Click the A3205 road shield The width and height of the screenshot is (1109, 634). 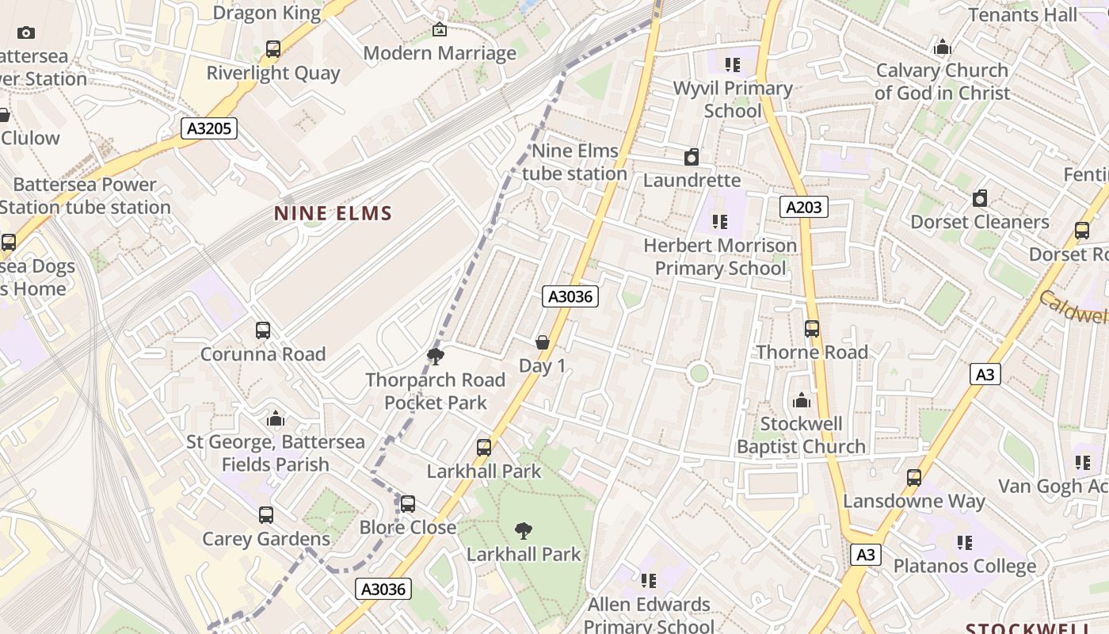(209, 128)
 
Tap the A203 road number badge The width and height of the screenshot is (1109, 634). (804, 208)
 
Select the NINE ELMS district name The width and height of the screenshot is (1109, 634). (333, 213)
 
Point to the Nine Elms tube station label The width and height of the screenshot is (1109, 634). (575, 162)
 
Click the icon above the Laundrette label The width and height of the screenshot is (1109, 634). (692, 157)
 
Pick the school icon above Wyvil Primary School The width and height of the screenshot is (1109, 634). (733, 65)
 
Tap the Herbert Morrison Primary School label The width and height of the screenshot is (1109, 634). (720, 257)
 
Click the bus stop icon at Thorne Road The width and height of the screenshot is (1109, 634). (812, 329)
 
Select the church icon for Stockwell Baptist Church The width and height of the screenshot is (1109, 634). (802, 400)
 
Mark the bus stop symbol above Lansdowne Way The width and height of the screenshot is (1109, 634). (914, 478)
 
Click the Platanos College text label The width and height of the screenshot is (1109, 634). (964, 567)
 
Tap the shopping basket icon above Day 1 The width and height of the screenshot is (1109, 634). (543, 342)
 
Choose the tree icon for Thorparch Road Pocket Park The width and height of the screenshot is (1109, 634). (435, 357)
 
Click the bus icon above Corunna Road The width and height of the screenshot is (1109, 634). (263, 330)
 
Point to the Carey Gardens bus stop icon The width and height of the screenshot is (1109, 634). (266, 515)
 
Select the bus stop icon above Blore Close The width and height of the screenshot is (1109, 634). (408, 504)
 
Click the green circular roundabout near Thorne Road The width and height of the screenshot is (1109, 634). (699, 373)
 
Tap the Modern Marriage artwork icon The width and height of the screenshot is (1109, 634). (440, 30)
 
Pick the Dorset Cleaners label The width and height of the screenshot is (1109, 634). (979, 222)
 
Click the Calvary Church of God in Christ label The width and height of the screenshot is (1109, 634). (942, 82)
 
